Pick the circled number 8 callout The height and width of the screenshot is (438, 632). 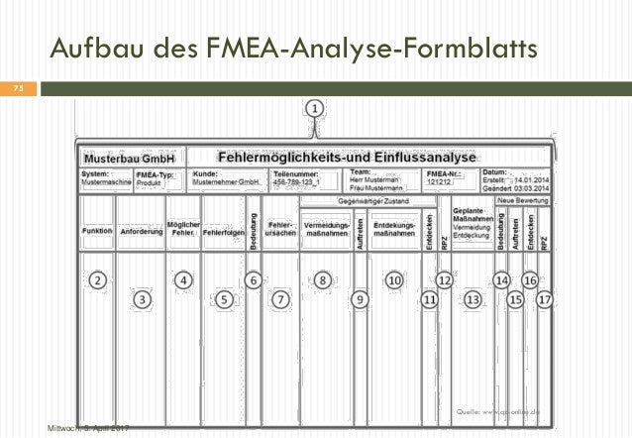coord(324,280)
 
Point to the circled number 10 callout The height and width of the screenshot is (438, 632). coord(394,280)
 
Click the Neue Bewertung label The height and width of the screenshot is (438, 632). coord(523,200)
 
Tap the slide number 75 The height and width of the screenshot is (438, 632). coord(17,89)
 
